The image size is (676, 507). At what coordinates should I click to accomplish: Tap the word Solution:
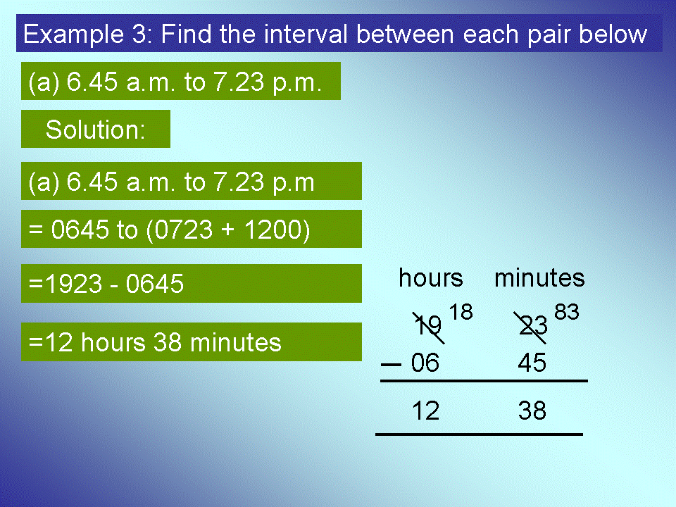pos(95,130)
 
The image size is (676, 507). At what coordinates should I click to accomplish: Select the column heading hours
pos(431,278)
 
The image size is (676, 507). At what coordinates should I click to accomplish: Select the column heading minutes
pos(539,278)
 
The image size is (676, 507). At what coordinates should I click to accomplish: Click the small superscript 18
pos(461,312)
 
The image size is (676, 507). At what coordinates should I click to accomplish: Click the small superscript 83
pos(567,312)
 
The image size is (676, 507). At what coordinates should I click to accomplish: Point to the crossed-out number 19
pos(428,326)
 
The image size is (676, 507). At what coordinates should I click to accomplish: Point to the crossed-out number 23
pos(533,326)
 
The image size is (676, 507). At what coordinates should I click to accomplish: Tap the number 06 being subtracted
pos(425,363)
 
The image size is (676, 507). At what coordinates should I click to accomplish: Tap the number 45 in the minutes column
pos(532,363)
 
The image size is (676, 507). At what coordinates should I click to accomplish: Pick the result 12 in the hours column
pos(425,411)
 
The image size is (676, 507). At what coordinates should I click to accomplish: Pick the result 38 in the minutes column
pos(532,411)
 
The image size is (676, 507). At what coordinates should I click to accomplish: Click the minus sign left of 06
pos(391,365)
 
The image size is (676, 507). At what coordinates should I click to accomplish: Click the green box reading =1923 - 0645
pos(191,283)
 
